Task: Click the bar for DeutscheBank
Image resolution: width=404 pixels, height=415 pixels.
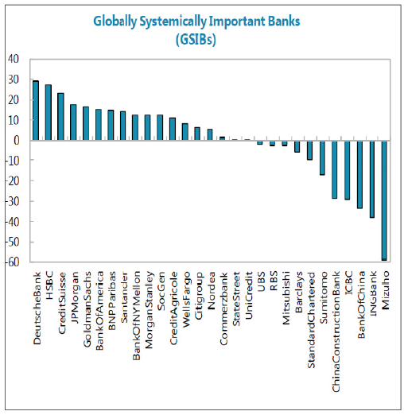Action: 36,111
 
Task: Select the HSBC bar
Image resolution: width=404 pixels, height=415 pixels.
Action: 49,112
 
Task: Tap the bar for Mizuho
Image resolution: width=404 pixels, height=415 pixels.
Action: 384,200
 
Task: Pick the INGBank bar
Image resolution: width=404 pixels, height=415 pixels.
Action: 372,179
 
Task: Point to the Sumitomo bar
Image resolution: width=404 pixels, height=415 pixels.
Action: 322,157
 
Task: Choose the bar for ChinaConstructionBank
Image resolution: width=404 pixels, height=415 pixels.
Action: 335,169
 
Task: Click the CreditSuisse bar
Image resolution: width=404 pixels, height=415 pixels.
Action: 60,117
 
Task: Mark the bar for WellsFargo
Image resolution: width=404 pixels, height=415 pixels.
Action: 185,132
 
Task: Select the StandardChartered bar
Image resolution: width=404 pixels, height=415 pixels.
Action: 309,150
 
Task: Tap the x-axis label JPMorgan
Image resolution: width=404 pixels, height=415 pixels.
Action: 75,297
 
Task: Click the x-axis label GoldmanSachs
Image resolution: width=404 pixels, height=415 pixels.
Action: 87,309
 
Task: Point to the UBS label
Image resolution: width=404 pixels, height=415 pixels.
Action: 261,281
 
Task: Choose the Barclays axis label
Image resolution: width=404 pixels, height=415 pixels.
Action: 298,292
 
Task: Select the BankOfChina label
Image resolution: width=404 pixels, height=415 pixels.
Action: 361,304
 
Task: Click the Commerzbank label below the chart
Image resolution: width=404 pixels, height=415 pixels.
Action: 223,308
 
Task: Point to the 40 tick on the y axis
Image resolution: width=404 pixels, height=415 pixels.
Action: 14,59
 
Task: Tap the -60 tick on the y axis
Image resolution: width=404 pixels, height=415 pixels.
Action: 12,262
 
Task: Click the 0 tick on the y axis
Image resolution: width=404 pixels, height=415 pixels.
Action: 17,140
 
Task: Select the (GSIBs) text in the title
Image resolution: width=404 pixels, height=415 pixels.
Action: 196,40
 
